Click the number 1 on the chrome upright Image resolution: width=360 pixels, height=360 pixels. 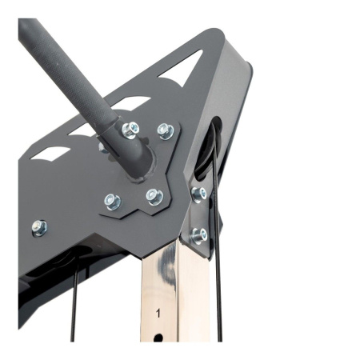pyautogui.click(x=158, y=313)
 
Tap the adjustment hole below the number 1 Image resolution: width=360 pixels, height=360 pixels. pyautogui.click(x=158, y=338)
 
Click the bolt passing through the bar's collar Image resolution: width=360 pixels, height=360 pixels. pyautogui.click(x=130, y=130)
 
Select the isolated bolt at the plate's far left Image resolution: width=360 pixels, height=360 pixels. pyautogui.click(x=40, y=228)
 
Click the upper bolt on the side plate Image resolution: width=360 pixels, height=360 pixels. pyautogui.click(x=199, y=194)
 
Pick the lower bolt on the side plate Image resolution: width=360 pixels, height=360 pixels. pyautogui.click(x=199, y=236)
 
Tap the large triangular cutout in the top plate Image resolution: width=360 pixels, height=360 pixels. pyautogui.click(x=181, y=69)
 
